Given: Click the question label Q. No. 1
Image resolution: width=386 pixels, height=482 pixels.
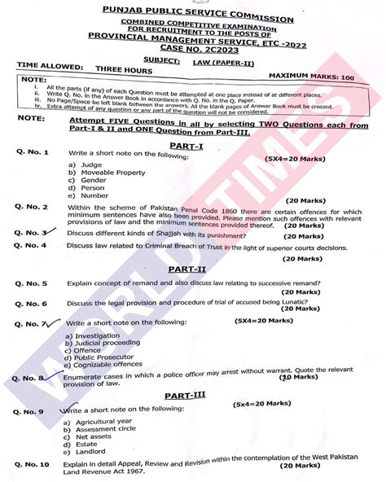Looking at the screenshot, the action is (32, 153).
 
